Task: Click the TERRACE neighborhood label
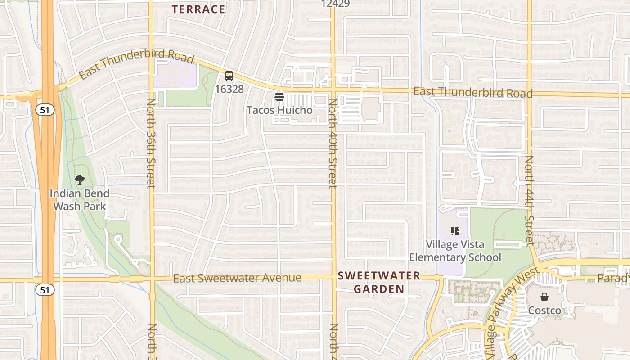(198, 9)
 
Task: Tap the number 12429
(336, 4)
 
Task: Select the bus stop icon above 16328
(229, 76)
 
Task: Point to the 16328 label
(229, 89)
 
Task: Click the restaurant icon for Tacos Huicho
(279, 96)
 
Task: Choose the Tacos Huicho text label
(279, 110)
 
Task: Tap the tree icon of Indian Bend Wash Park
(80, 180)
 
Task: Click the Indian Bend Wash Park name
(80, 200)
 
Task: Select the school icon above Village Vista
(455, 231)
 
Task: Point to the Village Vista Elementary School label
(455, 251)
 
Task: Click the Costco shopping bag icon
(544, 297)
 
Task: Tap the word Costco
(544, 310)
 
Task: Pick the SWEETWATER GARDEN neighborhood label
(379, 282)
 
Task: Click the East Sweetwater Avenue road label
(237, 278)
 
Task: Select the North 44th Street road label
(529, 200)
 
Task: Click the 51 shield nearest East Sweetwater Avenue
(45, 290)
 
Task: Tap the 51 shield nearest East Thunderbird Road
(45, 110)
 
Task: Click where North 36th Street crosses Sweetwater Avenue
(152, 279)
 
